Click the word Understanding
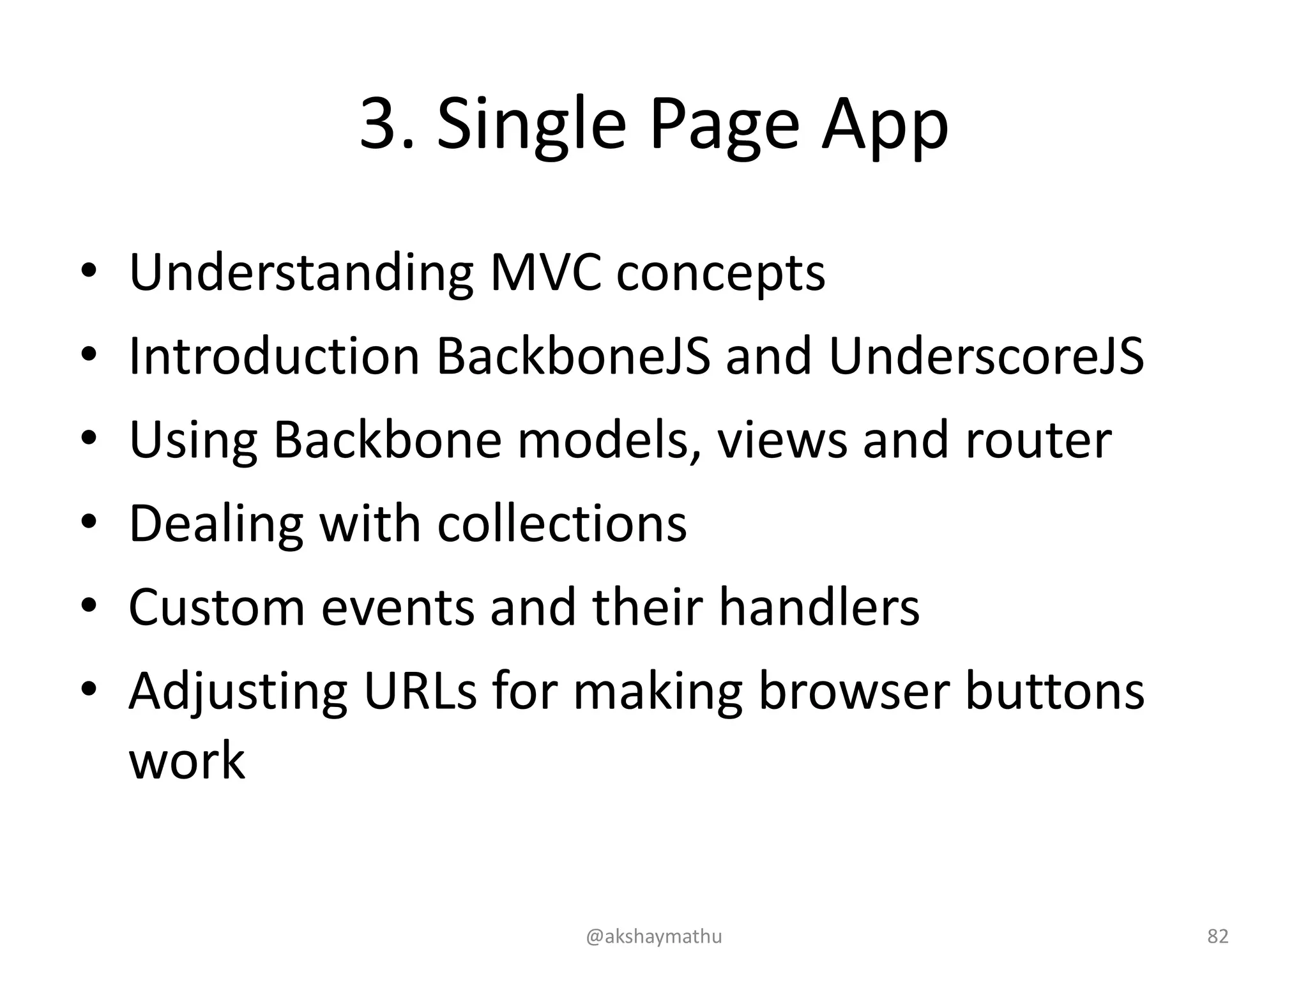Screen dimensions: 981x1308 coord(301,273)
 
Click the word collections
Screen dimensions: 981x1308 coord(562,523)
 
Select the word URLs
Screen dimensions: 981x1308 coord(420,691)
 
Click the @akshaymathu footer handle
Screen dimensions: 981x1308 coord(653,936)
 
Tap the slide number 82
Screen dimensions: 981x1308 coord(1217,936)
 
